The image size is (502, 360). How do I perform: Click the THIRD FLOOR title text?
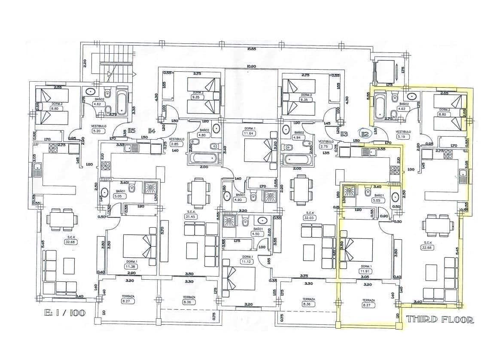440,319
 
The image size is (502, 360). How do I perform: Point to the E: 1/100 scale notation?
64,312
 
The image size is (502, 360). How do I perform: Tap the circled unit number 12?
365,134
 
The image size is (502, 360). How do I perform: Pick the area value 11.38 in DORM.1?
130,266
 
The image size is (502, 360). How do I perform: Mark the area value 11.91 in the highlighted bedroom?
366,271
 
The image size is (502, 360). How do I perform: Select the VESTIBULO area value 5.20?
96,131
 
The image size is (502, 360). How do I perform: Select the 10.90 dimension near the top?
251,67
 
